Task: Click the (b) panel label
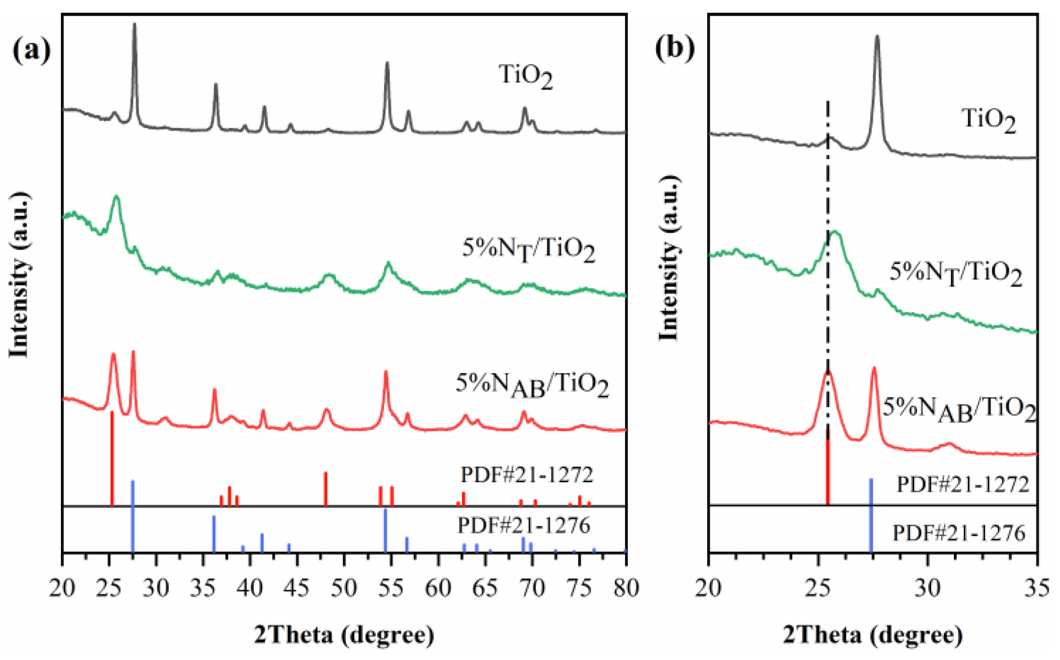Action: [675, 48]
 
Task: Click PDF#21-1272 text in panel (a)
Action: [526, 475]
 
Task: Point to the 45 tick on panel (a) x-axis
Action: [297, 588]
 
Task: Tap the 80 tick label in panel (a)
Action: [626, 588]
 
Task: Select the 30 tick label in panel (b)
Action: [927, 588]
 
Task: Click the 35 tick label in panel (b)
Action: [1036, 588]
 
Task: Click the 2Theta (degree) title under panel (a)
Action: [344, 635]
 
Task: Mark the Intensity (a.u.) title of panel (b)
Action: [669, 257]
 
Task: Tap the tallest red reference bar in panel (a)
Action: [112, 458]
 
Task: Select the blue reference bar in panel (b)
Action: [871, 514]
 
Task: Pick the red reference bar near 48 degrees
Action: [326, 488]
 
